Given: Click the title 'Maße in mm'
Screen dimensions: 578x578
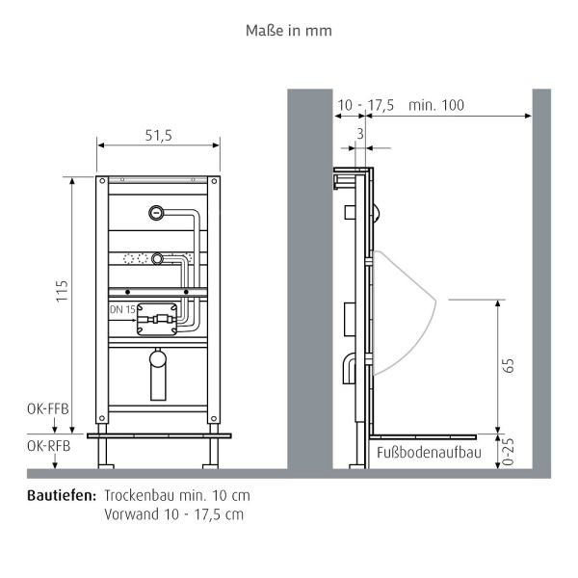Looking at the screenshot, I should [289, 30].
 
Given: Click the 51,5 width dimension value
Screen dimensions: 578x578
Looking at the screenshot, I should [158, 136].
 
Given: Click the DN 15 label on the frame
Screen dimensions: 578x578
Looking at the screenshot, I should [121, 309].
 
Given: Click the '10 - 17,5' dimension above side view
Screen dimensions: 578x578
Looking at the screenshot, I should [365, 105].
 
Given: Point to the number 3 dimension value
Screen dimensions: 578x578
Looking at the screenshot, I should [360, 134].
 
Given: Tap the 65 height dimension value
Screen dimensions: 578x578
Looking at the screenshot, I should [509, 365].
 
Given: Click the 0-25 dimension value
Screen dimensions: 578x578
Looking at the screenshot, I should [509, 453].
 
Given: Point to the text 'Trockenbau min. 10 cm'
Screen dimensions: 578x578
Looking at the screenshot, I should [177, 495].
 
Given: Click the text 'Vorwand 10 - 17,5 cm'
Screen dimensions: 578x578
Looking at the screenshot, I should [173, 513].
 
